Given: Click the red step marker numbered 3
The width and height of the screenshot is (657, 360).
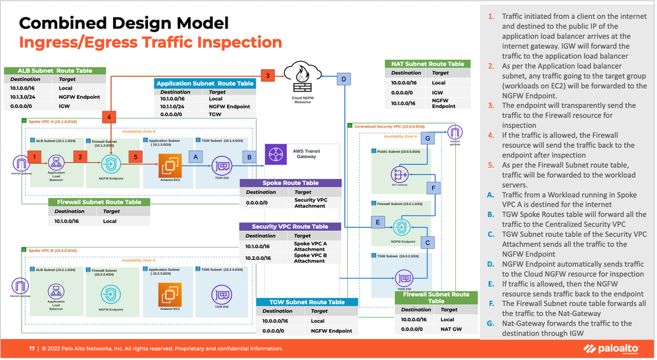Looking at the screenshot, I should [x=268, y=76].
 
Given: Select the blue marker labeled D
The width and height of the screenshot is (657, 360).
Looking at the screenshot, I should [x=343, y=80].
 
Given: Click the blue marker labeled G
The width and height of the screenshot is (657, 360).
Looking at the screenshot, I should [x=427, y=138].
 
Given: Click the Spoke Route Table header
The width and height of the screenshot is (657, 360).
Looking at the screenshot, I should [x=290, y=183].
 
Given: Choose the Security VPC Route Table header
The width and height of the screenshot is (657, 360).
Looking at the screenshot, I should [x=290, y=226].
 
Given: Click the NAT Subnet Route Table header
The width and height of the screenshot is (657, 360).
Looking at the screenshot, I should [x=427, y=64].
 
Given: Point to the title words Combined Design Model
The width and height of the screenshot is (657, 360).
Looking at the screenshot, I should [x=124, y=24].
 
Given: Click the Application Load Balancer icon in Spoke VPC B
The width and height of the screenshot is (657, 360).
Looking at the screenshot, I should [x=55, y=290].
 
